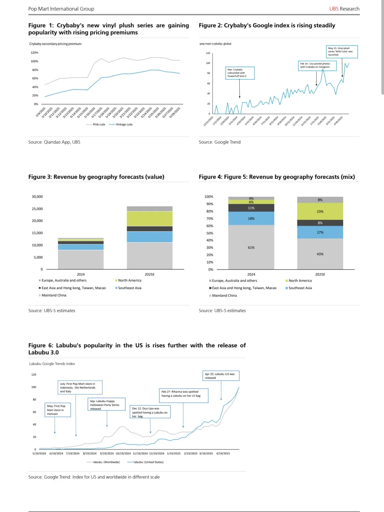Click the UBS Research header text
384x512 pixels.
click(344, 9)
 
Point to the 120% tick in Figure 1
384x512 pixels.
click(34, 53)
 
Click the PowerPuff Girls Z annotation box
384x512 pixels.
click(240, 73)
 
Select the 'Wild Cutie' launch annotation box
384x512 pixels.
click(342, 52)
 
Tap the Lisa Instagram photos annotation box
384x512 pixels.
click(317, 66)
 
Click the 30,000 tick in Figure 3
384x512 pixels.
click(37, 197)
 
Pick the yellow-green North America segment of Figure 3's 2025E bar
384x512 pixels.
click(150, 219)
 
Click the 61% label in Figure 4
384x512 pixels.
click(251, 247)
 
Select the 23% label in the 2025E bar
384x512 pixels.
click(320, 212)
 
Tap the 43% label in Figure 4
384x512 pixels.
click(320, 254)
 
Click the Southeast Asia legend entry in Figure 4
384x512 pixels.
click(300, 288)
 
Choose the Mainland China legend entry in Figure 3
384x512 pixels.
click(54, 295)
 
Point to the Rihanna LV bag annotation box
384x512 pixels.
click(183, 395)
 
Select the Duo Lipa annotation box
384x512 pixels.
click(150, 412)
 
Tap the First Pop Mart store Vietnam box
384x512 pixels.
click(58, 410)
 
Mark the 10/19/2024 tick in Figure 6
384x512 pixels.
click(123, 454)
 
